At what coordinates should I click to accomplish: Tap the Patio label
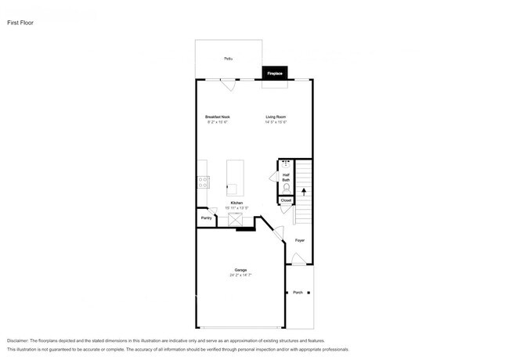pos(228,59)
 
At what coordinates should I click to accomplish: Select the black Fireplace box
pos(275,73)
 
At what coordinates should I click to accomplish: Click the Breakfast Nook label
pos(218,117)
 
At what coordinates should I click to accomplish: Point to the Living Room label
pos(276,117)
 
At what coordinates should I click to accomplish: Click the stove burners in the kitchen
pos(204,182)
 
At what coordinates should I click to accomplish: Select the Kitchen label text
pos(236,203)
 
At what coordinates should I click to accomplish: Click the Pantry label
pos(206,218)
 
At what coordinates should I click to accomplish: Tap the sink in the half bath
pos(285,164)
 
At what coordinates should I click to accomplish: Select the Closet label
pos(286,201)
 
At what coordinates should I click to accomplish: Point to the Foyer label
pos(300,240)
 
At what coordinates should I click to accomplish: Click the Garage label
pos(240,270)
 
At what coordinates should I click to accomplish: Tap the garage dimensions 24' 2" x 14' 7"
pos(240,275)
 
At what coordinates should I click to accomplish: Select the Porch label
pos(298,293)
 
